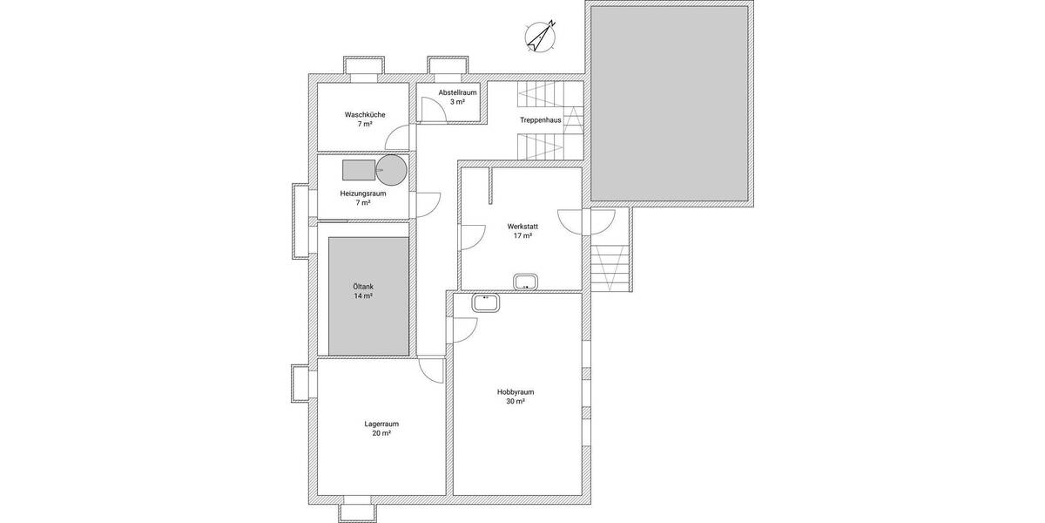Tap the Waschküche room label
[364, 114]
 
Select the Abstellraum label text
[457, 92]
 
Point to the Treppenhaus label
[540, 120]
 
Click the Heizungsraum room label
[364, 193]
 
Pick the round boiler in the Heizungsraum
[392, 169]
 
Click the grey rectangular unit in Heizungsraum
[359, 169]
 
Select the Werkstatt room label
[522, 226]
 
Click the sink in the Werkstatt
[526, 281]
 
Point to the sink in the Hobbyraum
[484, 302]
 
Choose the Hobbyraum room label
[515, 392]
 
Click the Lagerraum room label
[381, 425]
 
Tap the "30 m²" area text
[515, 402]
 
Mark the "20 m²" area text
[381, 434]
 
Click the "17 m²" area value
[522, 235]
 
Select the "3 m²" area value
[457, 102]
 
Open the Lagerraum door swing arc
[430, 370]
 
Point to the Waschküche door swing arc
[398, 139]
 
